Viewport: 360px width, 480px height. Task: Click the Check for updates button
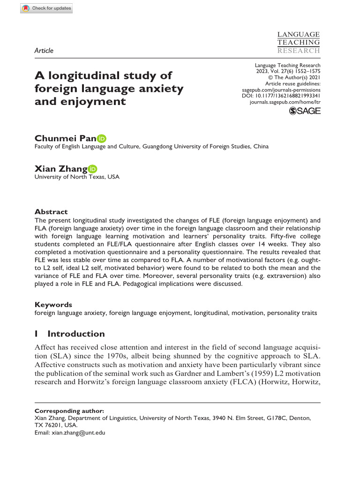[47, 8]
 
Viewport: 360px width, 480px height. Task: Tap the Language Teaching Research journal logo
[299, 43]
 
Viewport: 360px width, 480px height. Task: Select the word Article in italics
[44, 51]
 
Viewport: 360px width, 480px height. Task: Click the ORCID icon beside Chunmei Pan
[102, 138]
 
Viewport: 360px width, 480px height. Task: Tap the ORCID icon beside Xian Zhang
[92, 169]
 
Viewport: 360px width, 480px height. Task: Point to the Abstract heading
[51, 212]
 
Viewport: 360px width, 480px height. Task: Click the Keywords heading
[53, 305]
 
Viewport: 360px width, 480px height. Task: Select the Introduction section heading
[76, 334]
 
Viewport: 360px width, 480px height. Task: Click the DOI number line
[281, 95]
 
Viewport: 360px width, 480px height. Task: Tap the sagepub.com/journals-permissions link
[281, 89]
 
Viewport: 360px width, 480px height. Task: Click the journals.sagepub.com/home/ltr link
[285, 101]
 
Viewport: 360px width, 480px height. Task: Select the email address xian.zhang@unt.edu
[79, 433]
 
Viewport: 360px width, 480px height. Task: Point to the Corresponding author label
[69, 411]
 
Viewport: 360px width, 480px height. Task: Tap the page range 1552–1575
[305, 71]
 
